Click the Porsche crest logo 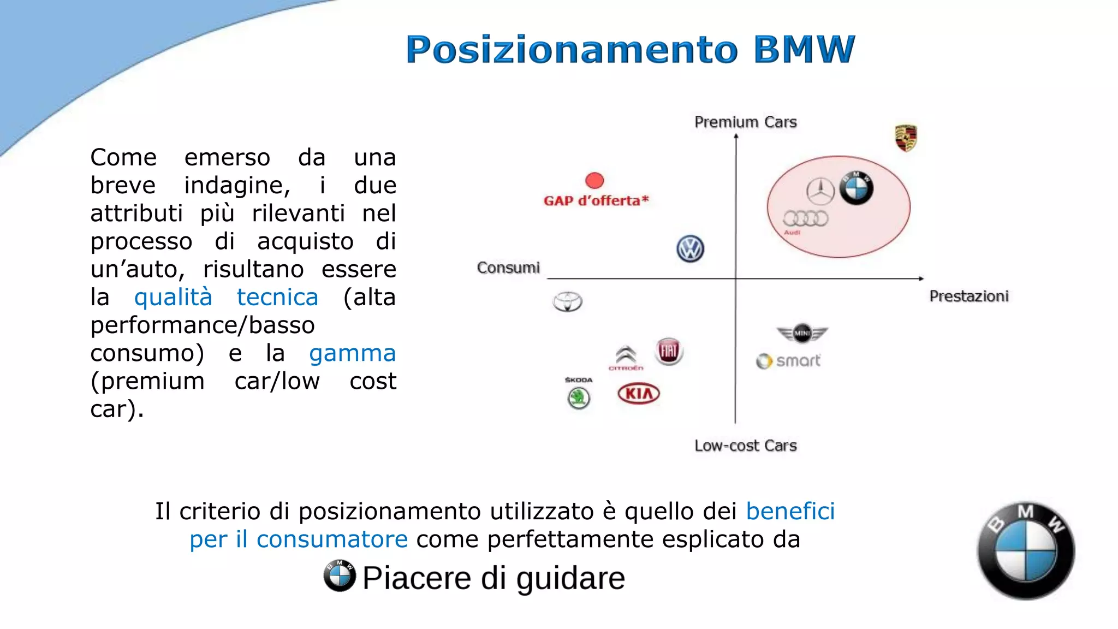[906, 138]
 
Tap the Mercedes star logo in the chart [820, 191]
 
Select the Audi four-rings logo [805, 219]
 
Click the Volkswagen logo [690, 249]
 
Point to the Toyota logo [568, 301]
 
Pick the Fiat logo [669, 351]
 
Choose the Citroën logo [626, 357]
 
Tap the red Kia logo [639, 394]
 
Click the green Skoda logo [579, 397]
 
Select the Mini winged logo [802, 333]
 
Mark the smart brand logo [788, 361]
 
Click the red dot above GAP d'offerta [594, 180]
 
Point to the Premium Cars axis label [745, 122]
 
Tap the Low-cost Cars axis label [745, 446]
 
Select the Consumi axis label [508, 268]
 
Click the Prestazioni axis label [969, 296]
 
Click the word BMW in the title [804, 49]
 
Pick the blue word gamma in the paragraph [352, 353]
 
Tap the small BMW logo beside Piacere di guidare [340, 575]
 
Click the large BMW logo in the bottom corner [1026, 550]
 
